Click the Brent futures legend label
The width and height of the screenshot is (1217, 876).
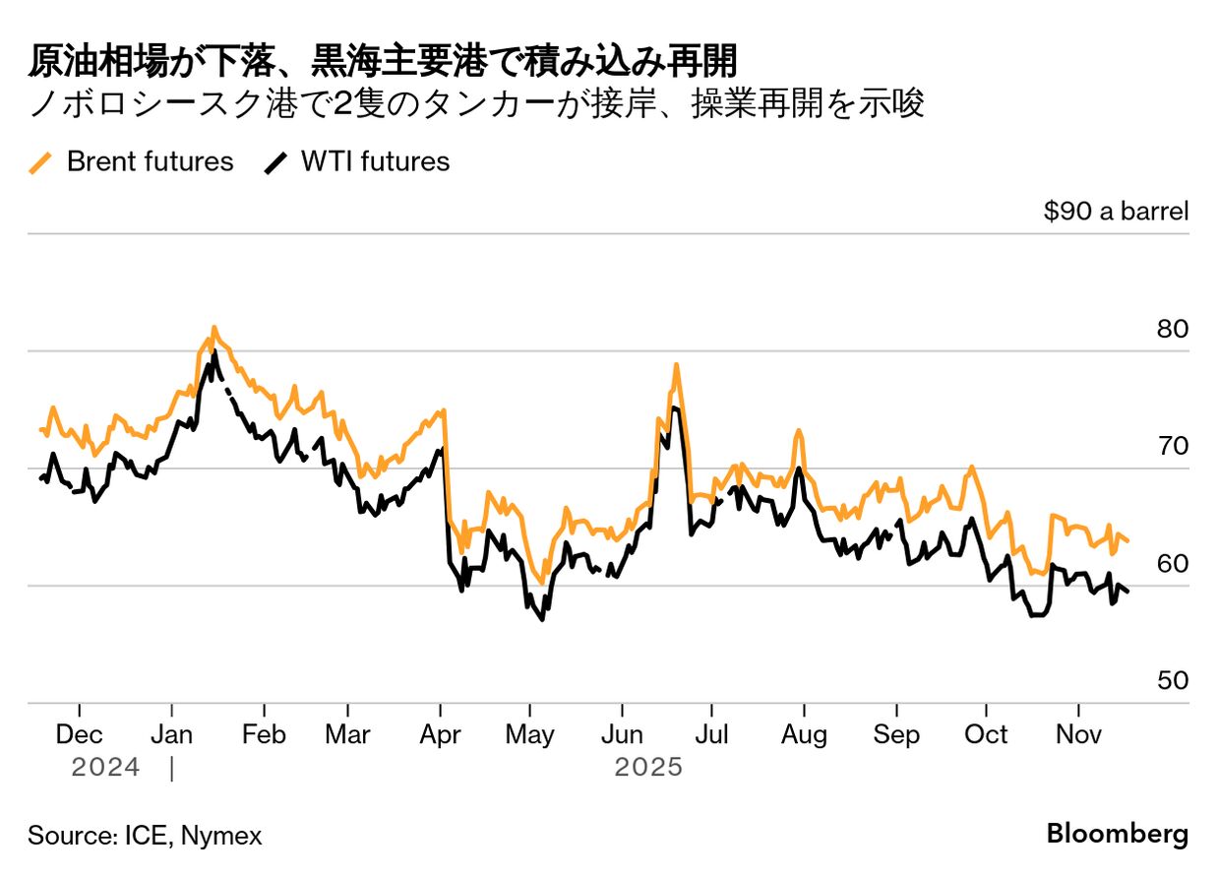tap(150, 161)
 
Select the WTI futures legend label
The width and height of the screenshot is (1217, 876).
tap(376, 161)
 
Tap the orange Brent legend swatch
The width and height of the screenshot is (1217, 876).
tap(40, 163)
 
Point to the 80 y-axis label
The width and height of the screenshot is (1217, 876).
tap(1173, 329)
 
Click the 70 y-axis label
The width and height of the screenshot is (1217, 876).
tap(1173, 446)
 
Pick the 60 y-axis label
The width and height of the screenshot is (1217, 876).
tap(1173, 564)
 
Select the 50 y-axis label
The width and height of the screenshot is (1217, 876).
tap(1173, 680)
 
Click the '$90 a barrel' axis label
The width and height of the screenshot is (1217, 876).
tap(1116, 211)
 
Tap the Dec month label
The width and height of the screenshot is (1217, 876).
tap(80, 734)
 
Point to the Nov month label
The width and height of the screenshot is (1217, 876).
tap(1078, 734)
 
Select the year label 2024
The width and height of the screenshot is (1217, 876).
tap(105, 768)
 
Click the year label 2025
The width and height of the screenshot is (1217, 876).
tap(648, 768)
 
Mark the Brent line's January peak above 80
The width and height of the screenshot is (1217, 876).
tap(214, 328)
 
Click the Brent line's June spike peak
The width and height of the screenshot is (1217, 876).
tap(677, 365)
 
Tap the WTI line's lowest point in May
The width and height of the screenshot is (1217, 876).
tap(542, 618)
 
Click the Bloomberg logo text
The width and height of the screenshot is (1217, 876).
tap(1118, 833)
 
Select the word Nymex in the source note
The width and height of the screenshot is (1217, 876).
tap(221, 836)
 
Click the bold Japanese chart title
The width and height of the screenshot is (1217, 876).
tap(383, 61)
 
